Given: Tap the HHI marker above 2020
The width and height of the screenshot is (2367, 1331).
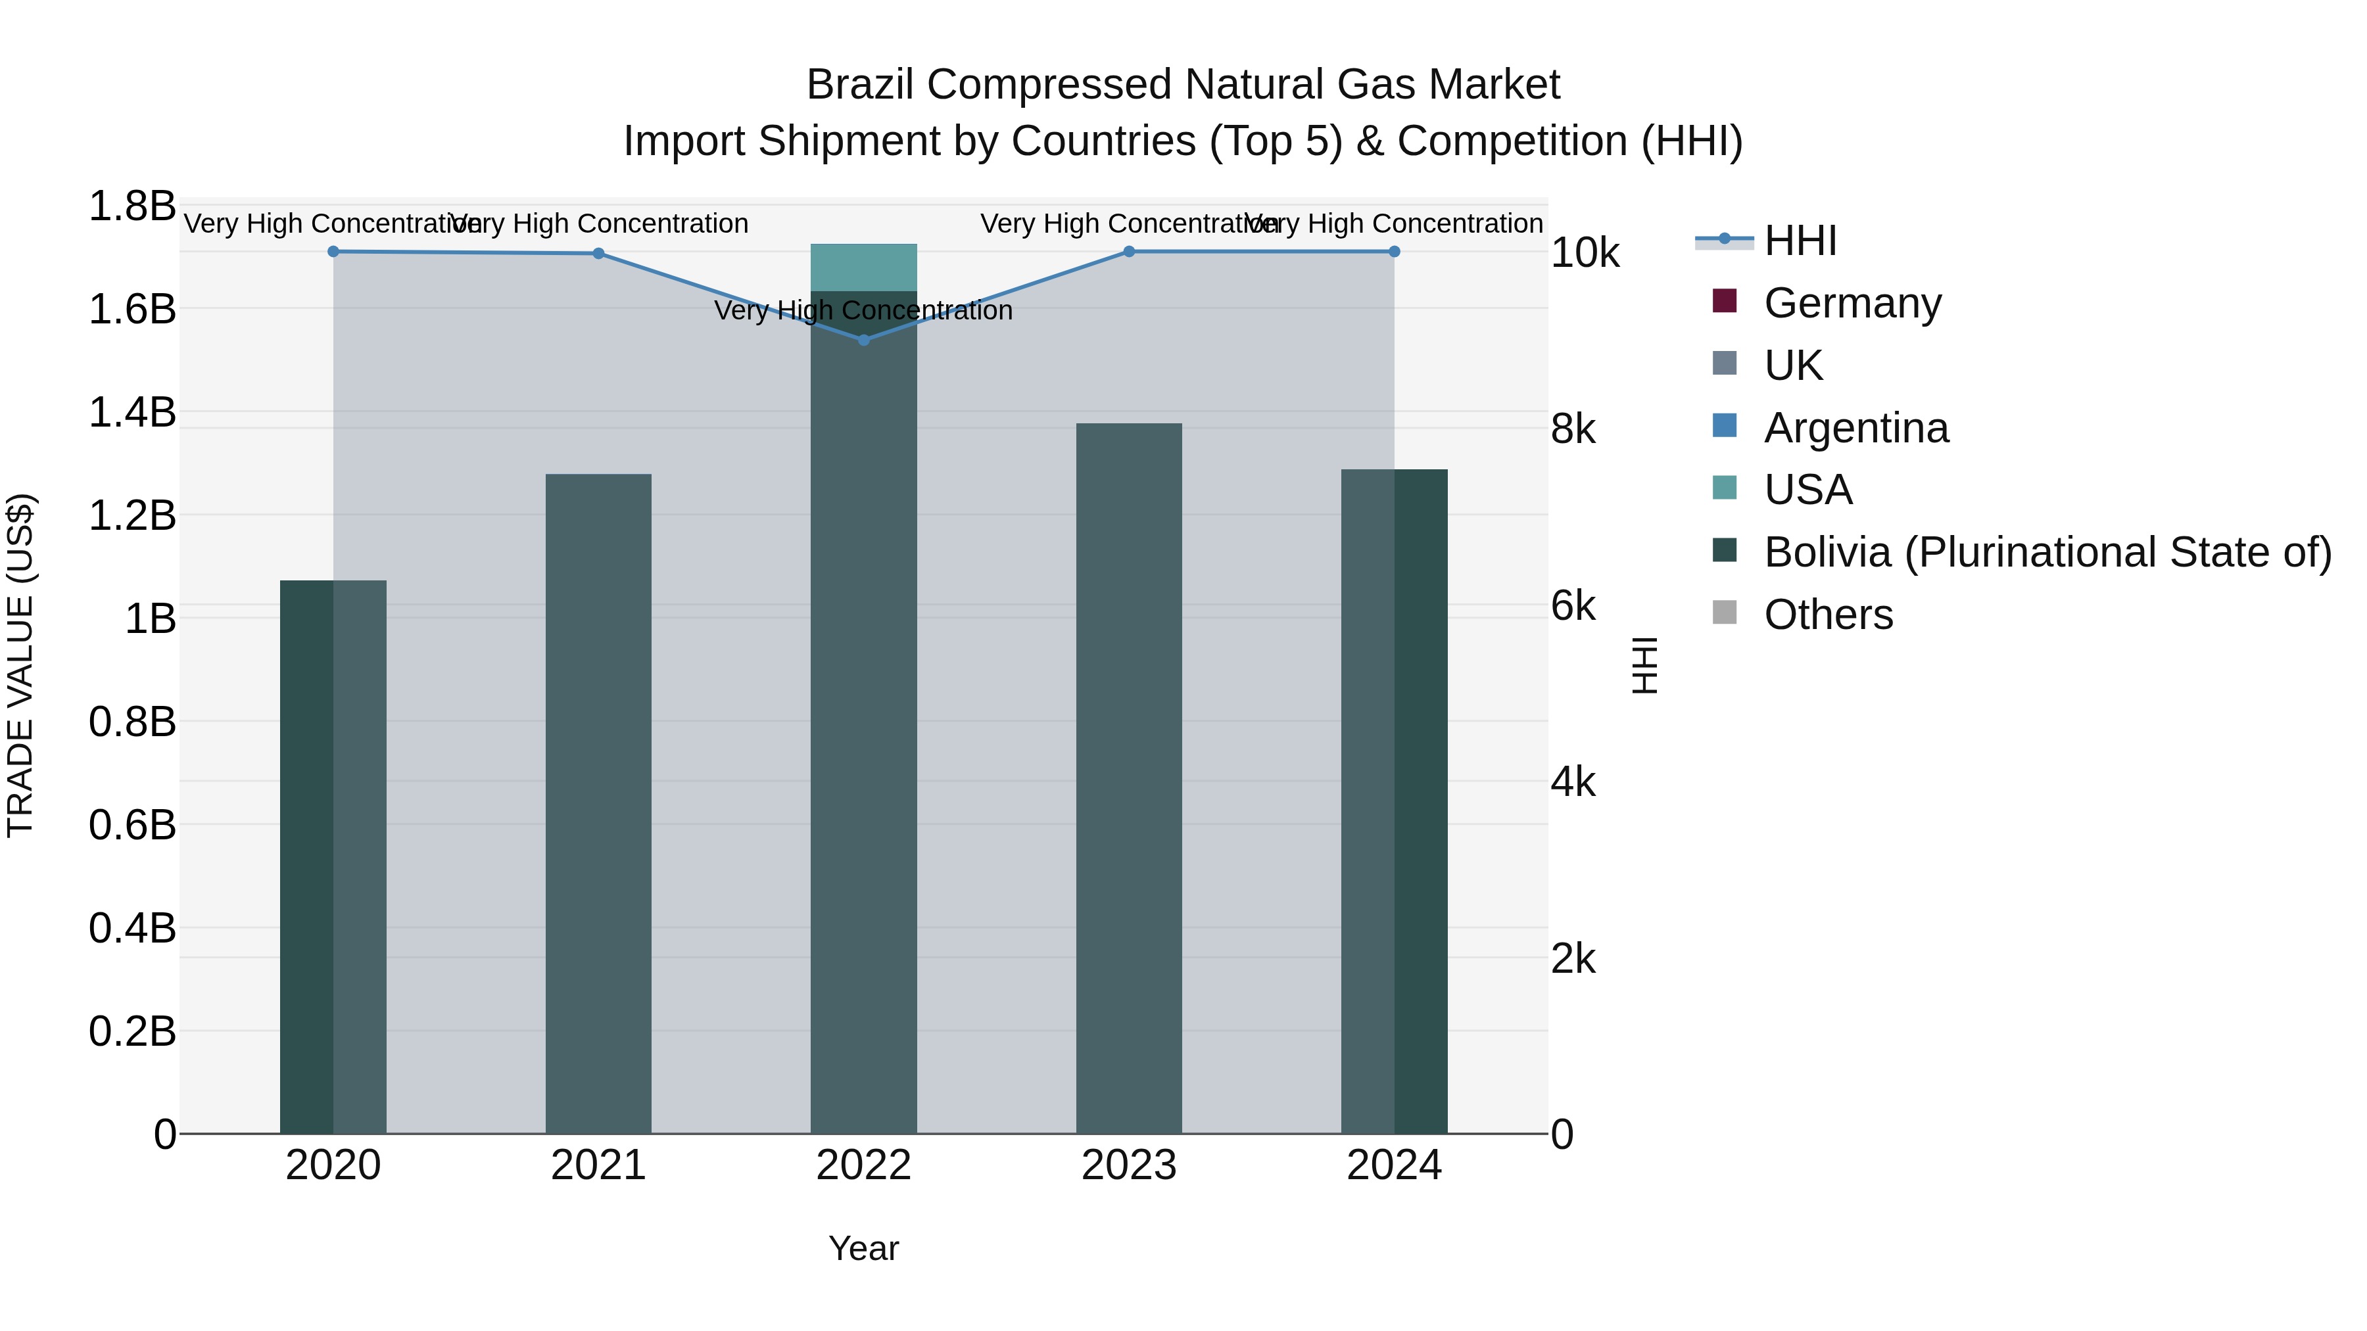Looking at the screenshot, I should (x=333, y=252).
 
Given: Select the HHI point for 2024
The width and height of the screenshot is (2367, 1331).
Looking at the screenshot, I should (x=1394, y=252).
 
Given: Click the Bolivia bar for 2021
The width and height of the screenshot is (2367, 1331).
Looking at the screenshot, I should (x=598, y=804).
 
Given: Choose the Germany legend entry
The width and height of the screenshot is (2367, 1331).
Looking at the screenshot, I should (x=1852, y=303).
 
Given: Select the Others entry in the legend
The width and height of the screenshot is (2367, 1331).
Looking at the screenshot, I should (x=1828, y=615).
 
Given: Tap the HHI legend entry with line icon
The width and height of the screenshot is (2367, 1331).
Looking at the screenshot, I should (x=1799, y=241).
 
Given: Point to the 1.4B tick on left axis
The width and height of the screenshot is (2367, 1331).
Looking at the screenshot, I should (x=132, y=412).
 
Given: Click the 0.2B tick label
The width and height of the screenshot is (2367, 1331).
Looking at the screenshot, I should (x=132, y=1031).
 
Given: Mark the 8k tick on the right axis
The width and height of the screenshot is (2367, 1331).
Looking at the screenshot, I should (x=1573, y=429).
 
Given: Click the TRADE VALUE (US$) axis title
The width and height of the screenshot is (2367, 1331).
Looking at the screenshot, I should (x=20, y=665).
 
